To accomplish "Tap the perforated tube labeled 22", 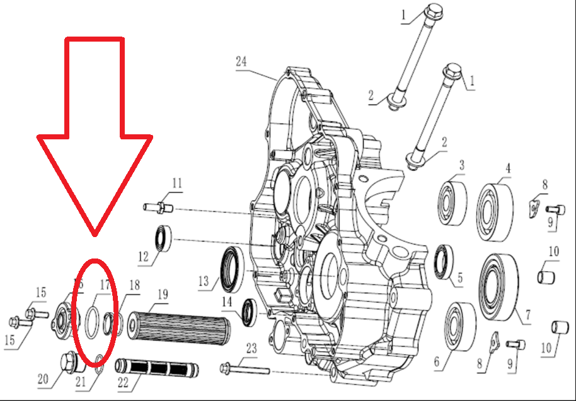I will click(157, 367).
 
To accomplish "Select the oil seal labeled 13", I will click(231, 270).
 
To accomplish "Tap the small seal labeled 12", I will click(164, 238).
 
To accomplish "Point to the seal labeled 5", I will click(444, 261).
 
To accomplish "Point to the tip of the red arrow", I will click(94, 236).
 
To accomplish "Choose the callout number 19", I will click(162, 294).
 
